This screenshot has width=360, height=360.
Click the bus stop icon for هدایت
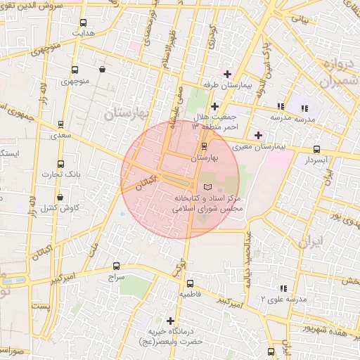[84, 22]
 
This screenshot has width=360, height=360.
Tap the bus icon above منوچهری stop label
[75, 70]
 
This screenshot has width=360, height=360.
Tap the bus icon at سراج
[116, 266]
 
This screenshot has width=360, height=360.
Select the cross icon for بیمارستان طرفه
[226, 73]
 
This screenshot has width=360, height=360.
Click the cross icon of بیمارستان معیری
[258, 134]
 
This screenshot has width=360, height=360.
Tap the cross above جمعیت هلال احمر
[214, 106]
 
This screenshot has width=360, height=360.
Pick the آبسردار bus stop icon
[316, 149]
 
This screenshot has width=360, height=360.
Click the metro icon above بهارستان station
[204, 146]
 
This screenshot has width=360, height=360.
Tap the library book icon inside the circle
[207, 186]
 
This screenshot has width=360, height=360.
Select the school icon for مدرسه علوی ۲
[283, 288]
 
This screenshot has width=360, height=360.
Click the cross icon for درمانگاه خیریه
[169, 321]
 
